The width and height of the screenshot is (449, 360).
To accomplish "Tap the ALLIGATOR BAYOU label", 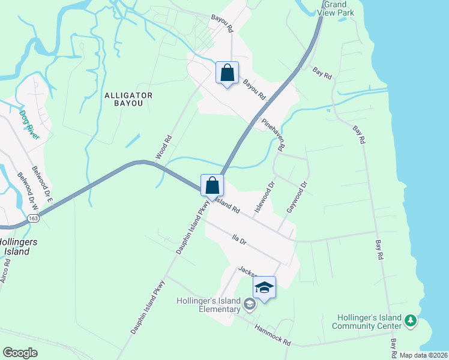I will [x=128, y=99].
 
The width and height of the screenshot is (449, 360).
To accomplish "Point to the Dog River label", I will [x=29, y=125].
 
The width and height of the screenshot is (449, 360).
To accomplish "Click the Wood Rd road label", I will [x=164, y=146].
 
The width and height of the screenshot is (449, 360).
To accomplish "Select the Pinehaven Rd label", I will [x=273, y=133].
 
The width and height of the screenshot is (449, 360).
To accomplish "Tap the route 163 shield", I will [x=34, y=219].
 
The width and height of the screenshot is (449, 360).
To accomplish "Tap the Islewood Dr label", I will [x=265, y=197].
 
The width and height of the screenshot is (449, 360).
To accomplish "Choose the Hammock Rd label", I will [x=273, y=335].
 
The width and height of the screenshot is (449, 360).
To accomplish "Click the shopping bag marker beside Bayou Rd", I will [x=228, y=74].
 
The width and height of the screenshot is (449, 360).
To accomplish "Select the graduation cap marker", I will [x=264, y=288].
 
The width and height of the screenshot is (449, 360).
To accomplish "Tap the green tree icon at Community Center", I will [x=411, y=321].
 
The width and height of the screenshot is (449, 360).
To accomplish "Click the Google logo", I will [x=20, y=353].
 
